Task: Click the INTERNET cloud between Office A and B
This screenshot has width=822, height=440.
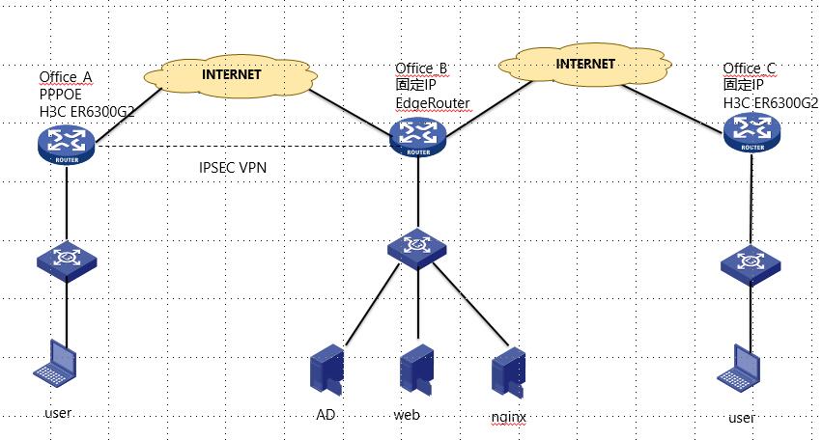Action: click(232, 73)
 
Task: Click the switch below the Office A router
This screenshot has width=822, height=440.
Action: click(66, 261)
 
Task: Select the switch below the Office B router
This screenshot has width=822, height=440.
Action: click(417, 247)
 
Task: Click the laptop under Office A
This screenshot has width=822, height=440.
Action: click(55, 363)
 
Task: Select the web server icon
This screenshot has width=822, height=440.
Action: click(415, 370)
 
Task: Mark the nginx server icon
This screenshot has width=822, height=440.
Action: click(507, 371)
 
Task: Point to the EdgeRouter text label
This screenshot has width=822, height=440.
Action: click(432, 101)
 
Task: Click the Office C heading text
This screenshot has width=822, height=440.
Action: click(750, 69)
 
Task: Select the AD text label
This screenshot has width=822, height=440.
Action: click(326, 415)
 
